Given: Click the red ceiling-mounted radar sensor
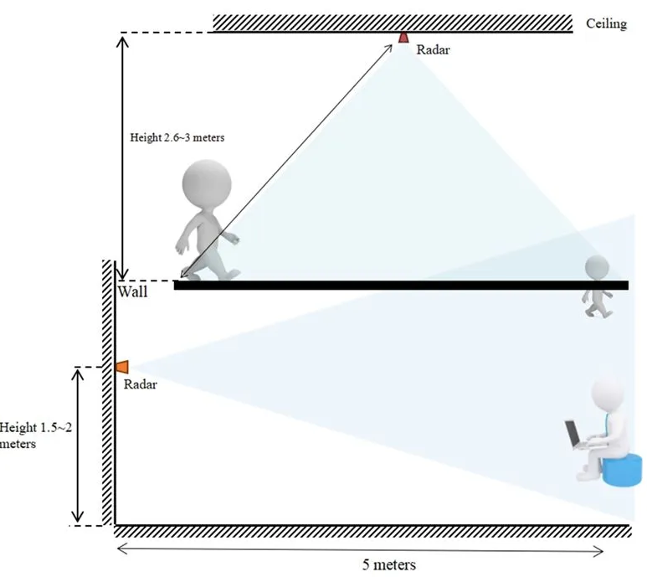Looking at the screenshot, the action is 403,38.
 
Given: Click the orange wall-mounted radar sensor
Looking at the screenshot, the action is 122,367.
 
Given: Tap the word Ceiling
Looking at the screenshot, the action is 606,23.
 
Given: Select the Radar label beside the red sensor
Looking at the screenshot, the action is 433,50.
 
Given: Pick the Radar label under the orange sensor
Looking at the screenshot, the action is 141,384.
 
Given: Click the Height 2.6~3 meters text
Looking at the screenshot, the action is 177,137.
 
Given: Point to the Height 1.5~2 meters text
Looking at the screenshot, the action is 35,435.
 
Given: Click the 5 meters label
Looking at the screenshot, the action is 389,564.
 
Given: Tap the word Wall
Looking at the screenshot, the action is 132,291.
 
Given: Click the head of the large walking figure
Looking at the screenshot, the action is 207,183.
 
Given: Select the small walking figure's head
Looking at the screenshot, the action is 597,267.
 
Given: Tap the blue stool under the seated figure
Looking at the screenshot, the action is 623,470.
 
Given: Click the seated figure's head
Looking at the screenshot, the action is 608,392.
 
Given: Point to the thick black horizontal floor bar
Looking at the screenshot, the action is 401,286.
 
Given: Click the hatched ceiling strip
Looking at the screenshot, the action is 393,23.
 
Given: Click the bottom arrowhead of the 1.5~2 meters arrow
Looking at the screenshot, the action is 78,518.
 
